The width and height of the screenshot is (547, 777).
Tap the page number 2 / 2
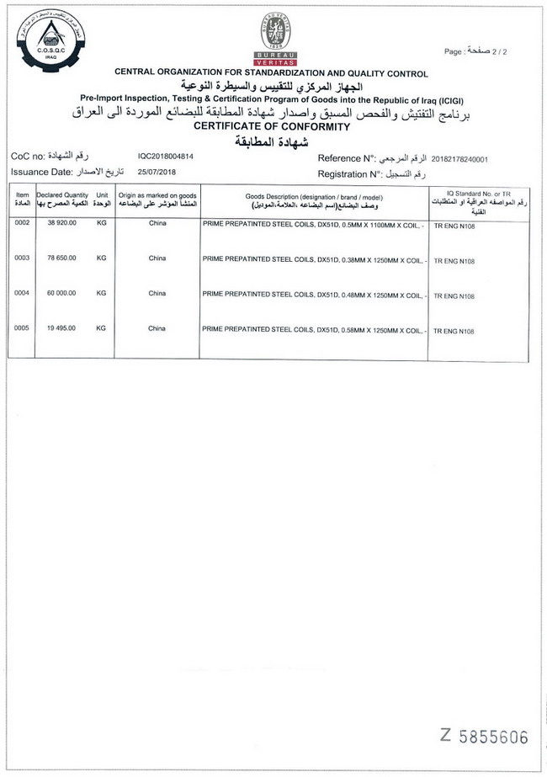point(487,52)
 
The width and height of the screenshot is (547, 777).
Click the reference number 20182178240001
point(459,158)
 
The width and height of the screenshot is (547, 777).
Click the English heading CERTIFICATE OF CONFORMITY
point(272,126)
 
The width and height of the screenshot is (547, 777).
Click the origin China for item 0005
point(157,328)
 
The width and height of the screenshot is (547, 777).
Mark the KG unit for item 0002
point(102,223)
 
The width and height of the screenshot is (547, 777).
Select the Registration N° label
point(347,173)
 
